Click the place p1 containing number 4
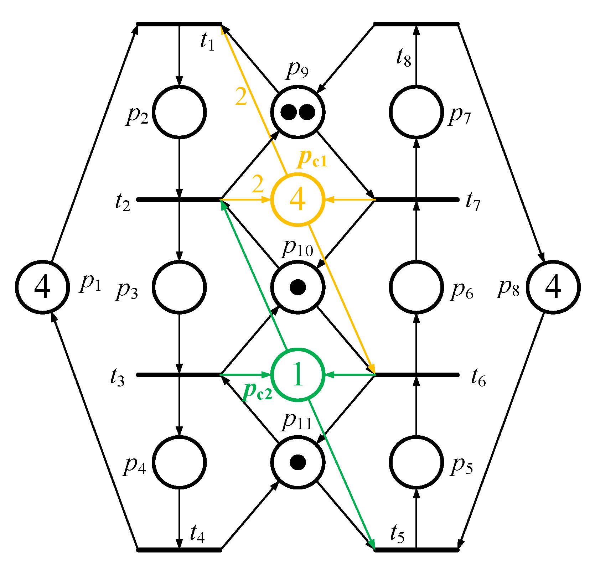coord(42,287)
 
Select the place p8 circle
coord(553,287)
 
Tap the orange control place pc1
coord(298,199)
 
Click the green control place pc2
coord(298,375)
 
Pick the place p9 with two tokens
coord(298,112)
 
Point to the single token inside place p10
coord(298,287)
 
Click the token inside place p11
coord(298,462)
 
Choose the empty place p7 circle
coord(416,112)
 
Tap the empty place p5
coord(416,462)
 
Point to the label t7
coord(473,202)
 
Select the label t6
coord(478,378)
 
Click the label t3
coord(117,378)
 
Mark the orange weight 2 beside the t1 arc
coord(241,97)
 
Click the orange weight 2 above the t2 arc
coord(258,185)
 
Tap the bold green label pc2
coord(257,392)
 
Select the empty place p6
coord(416,287)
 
